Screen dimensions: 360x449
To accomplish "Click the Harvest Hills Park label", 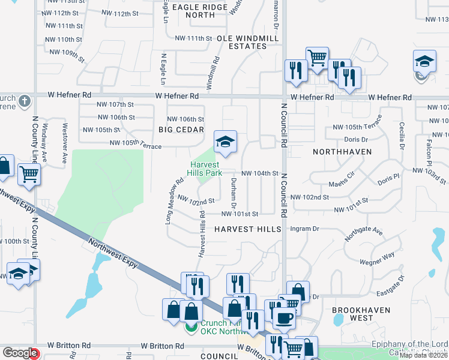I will [205, 169].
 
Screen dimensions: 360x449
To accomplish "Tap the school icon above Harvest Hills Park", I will [225, 142].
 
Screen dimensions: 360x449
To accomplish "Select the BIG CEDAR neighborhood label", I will [181, 130].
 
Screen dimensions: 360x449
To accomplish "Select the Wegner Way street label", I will [377, 259].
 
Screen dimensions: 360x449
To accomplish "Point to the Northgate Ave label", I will [364, 233].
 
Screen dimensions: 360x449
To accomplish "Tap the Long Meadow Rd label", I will [173, 200].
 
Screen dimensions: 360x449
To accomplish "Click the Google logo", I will [20, 353].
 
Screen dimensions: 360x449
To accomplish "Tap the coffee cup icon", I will [284, 318].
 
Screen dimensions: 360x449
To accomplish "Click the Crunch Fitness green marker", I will [191, 328].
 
